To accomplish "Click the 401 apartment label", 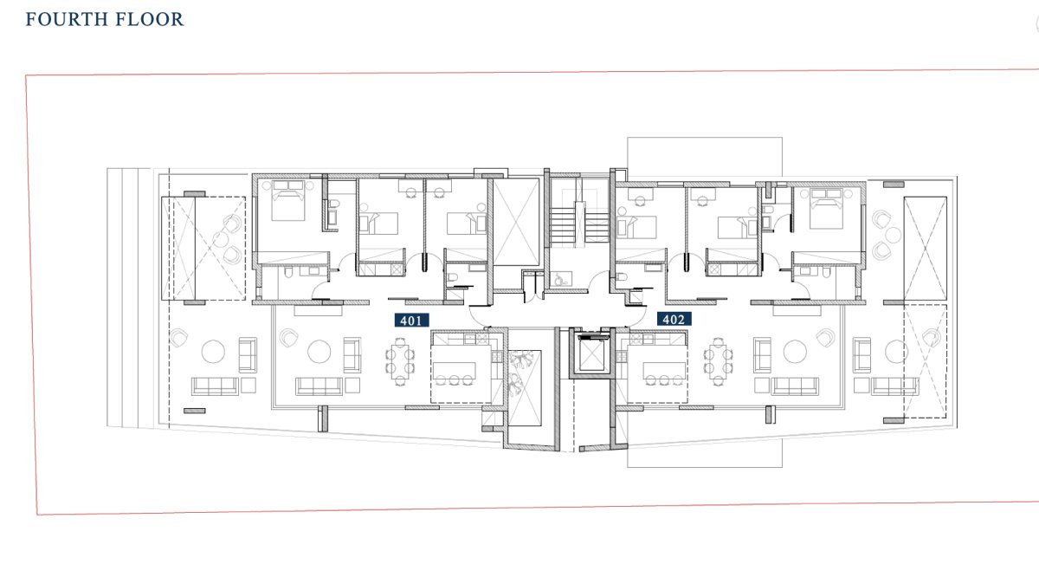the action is tap(411, 321).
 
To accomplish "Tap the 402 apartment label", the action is tap(674, 319).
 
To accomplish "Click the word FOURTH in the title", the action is tap(67, 20).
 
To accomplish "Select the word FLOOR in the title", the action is tap(149, 20).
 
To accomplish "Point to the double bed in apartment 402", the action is tap(826, 209).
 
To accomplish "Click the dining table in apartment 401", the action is tap(399, 361).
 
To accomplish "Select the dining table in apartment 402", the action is tap(718, 361).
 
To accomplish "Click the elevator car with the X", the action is tap(592, 356).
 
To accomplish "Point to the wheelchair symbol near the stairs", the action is tap(560, 280).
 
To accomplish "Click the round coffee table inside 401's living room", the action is tap(319, 352).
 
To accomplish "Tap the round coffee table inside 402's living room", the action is tap(795, 352).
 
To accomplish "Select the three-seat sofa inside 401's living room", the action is tap(319, 386).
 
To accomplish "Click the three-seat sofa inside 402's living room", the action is tap(795, 386).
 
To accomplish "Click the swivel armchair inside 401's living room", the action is tap(288, 338).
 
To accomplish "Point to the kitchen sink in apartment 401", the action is tap(470, 339).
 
